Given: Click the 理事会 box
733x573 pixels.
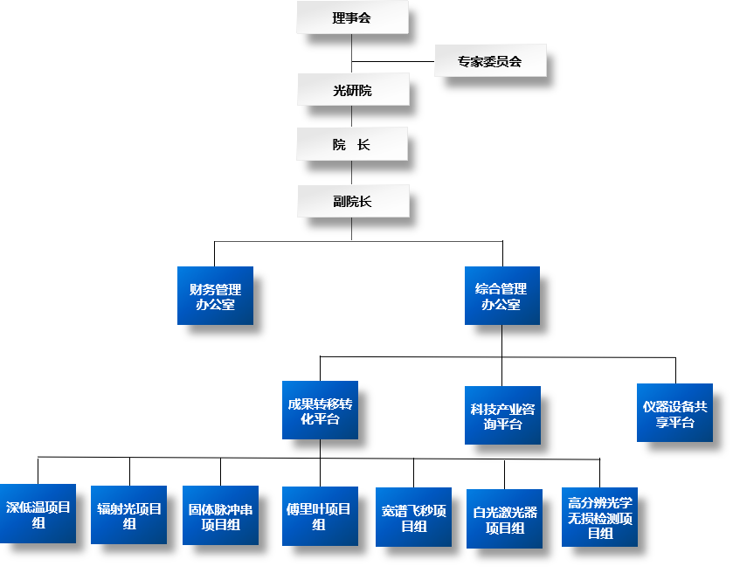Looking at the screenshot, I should [x=352, y=17].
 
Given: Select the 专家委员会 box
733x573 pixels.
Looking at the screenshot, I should [x=490, y=61].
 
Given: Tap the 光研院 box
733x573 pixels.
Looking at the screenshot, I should [x=352, y=89].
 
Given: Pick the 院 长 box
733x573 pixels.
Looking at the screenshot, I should [x=352, y=144].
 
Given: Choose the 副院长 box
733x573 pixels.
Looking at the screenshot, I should [x=352, y=201].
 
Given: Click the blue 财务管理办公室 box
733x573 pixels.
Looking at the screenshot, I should [x=215, y=296].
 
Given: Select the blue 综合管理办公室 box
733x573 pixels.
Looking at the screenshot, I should [x=501, y=296].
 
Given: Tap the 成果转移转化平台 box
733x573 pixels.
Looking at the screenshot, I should [x=320, y=411].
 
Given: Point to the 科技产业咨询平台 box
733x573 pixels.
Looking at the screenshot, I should [x=502, y=415].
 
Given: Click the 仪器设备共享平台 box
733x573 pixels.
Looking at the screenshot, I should [x=674, y=413].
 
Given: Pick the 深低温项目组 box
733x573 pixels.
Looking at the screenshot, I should [x=38, y=514].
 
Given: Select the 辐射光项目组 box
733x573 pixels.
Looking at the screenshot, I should [x=129, y=515].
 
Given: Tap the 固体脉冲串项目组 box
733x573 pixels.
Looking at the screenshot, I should [x=220, y=515].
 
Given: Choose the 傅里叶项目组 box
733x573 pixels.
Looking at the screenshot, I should [x=320, y=515].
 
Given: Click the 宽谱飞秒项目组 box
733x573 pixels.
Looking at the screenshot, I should [x=413, y=517].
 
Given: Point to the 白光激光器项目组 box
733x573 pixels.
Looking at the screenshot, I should [x=504, y=519].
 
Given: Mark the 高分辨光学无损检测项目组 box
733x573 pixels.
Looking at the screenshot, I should [x=599, y=517].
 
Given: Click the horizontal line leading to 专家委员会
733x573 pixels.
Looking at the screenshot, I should [x=393, y=61].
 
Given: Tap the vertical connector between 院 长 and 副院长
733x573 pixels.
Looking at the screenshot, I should [x=352, y=173].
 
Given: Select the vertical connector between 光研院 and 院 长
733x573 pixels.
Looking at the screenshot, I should [x=352, y=117].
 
